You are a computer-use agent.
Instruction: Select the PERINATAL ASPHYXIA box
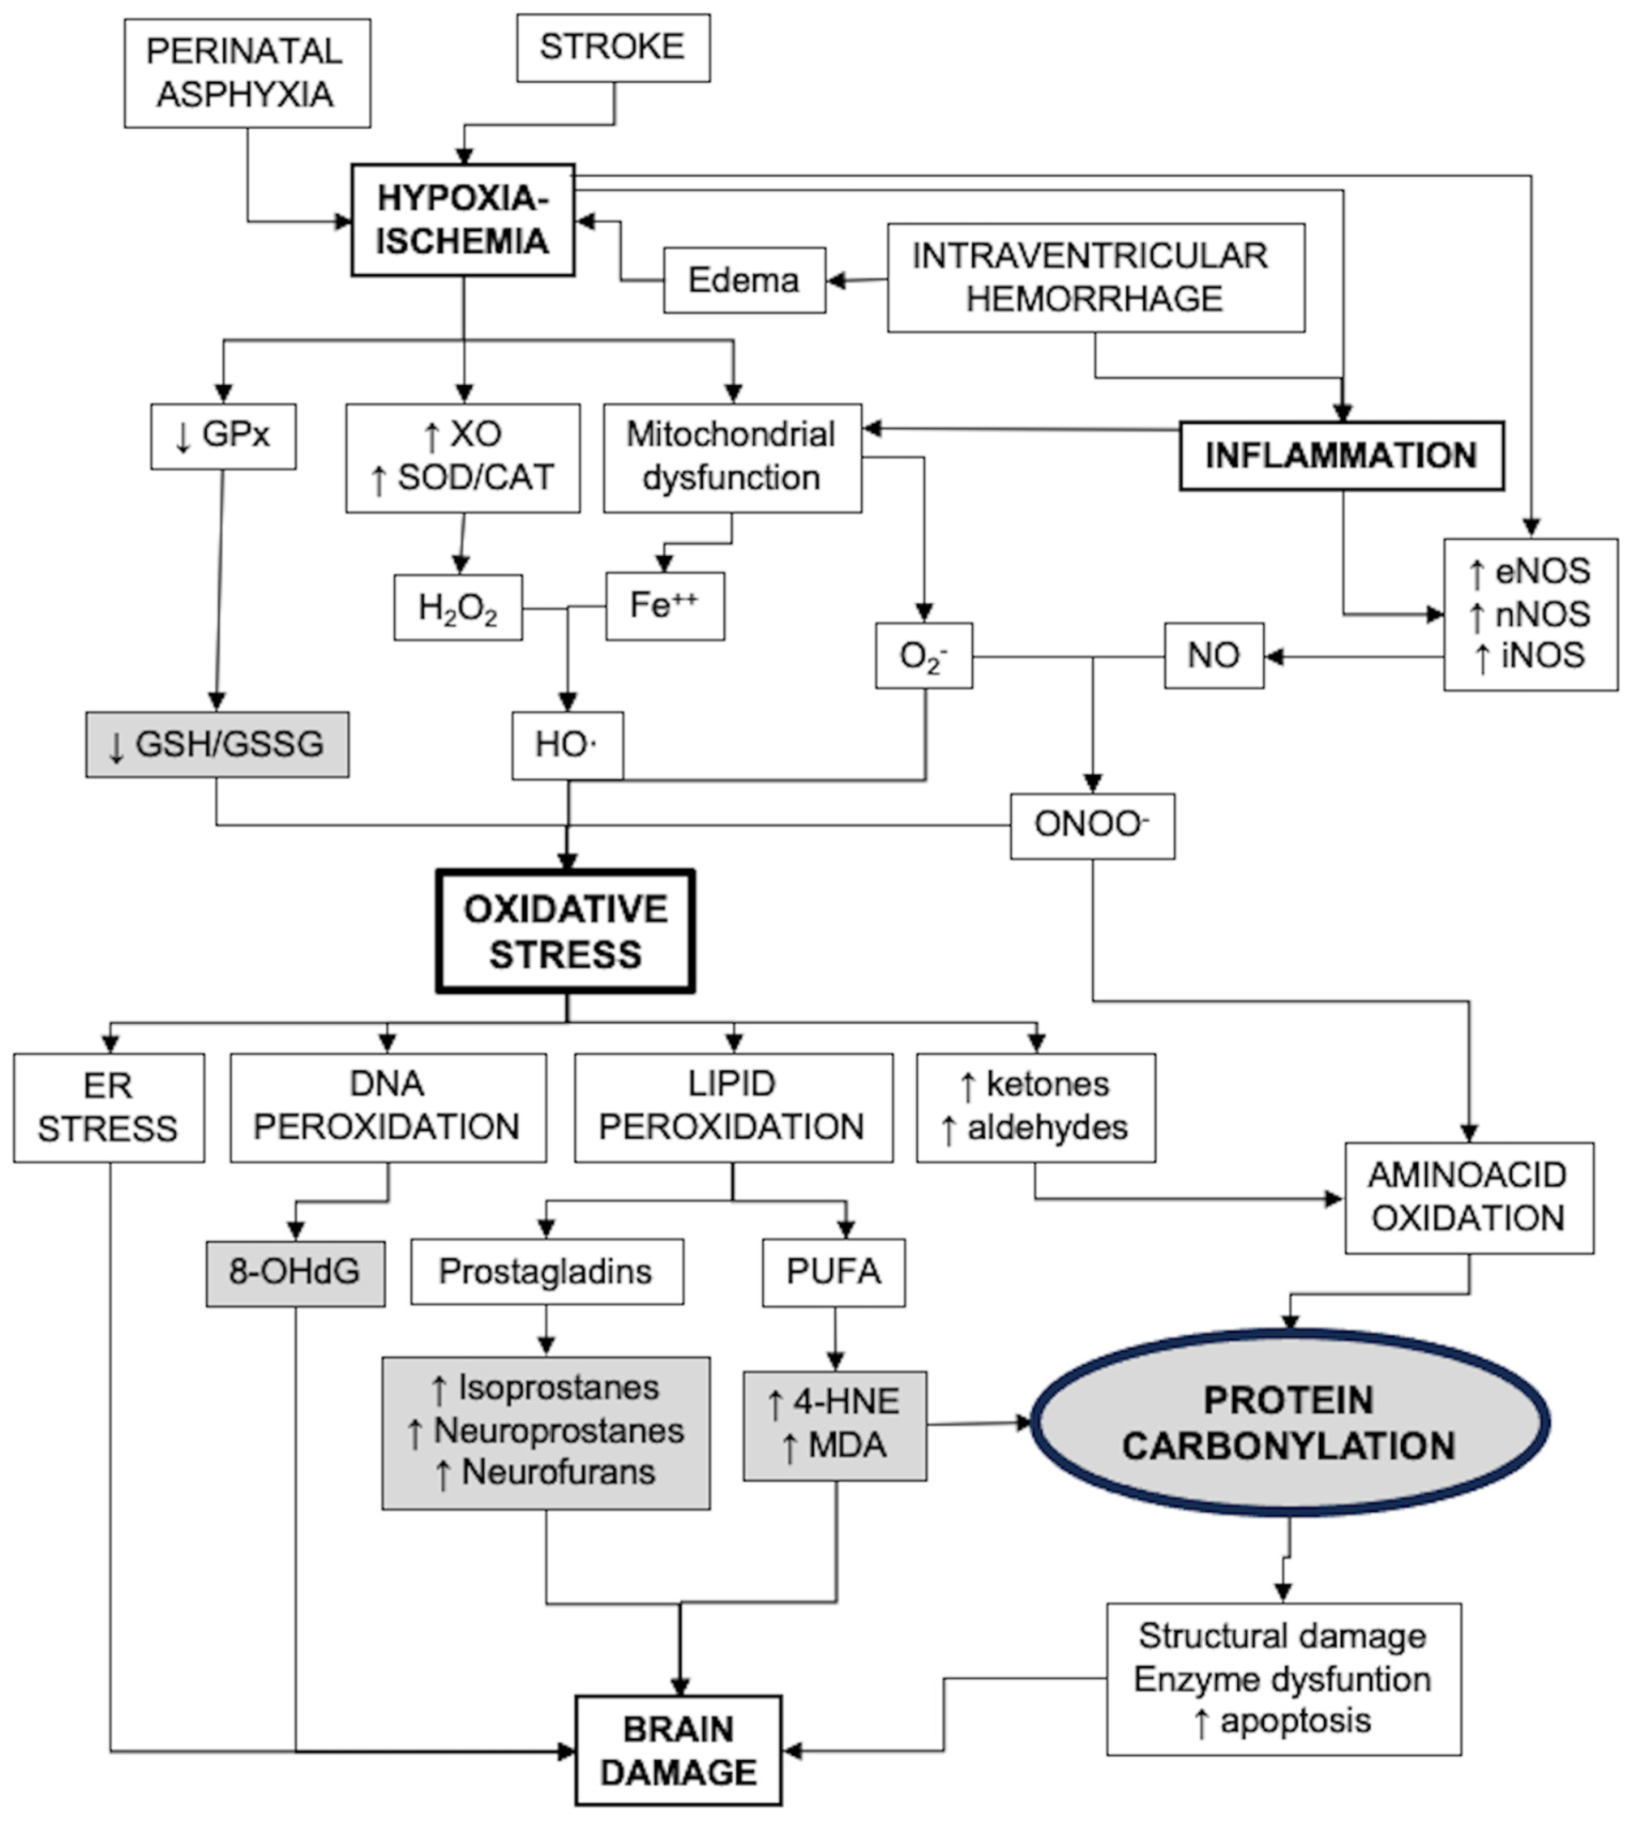coord(247,73)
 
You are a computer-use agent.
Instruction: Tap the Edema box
coord(744,281)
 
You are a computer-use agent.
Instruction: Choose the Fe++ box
coord(665,606)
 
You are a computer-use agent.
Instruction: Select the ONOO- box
coord(1091,826)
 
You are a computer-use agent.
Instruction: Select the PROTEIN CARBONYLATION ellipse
coord(1290,1423)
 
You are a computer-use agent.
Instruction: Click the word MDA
coord(847,1445)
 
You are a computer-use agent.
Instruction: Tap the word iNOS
coord(1542,656)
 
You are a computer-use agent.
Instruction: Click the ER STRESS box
coord(108,1107)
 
